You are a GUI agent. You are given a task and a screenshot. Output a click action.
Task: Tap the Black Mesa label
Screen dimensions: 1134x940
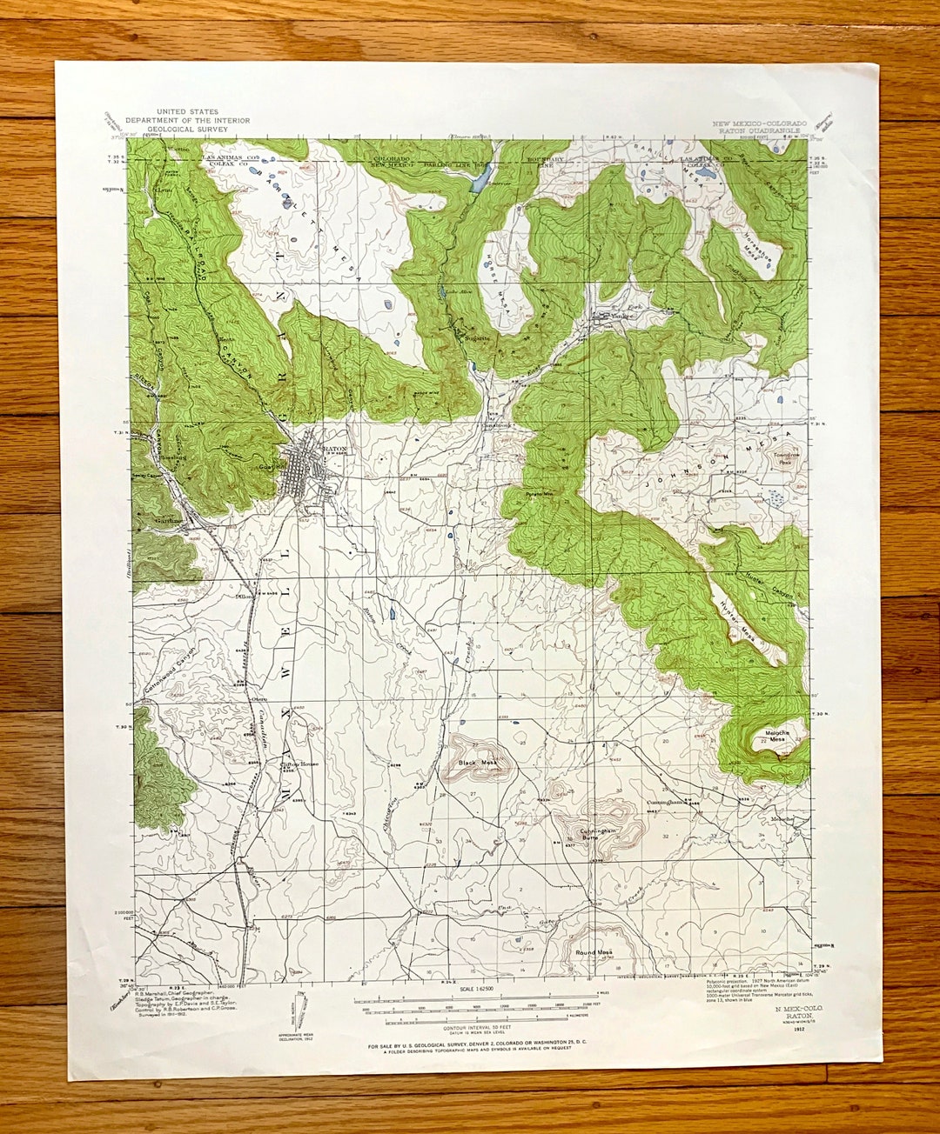point(478,763)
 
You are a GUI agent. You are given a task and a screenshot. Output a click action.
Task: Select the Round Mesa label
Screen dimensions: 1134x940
point(594,953)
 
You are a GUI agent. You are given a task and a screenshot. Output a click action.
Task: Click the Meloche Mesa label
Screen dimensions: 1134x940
point(773,737)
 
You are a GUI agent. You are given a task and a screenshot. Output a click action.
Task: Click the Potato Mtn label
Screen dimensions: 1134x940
point(540,493)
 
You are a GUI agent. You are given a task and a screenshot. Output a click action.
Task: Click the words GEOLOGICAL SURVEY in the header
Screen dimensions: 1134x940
point(187,130)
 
